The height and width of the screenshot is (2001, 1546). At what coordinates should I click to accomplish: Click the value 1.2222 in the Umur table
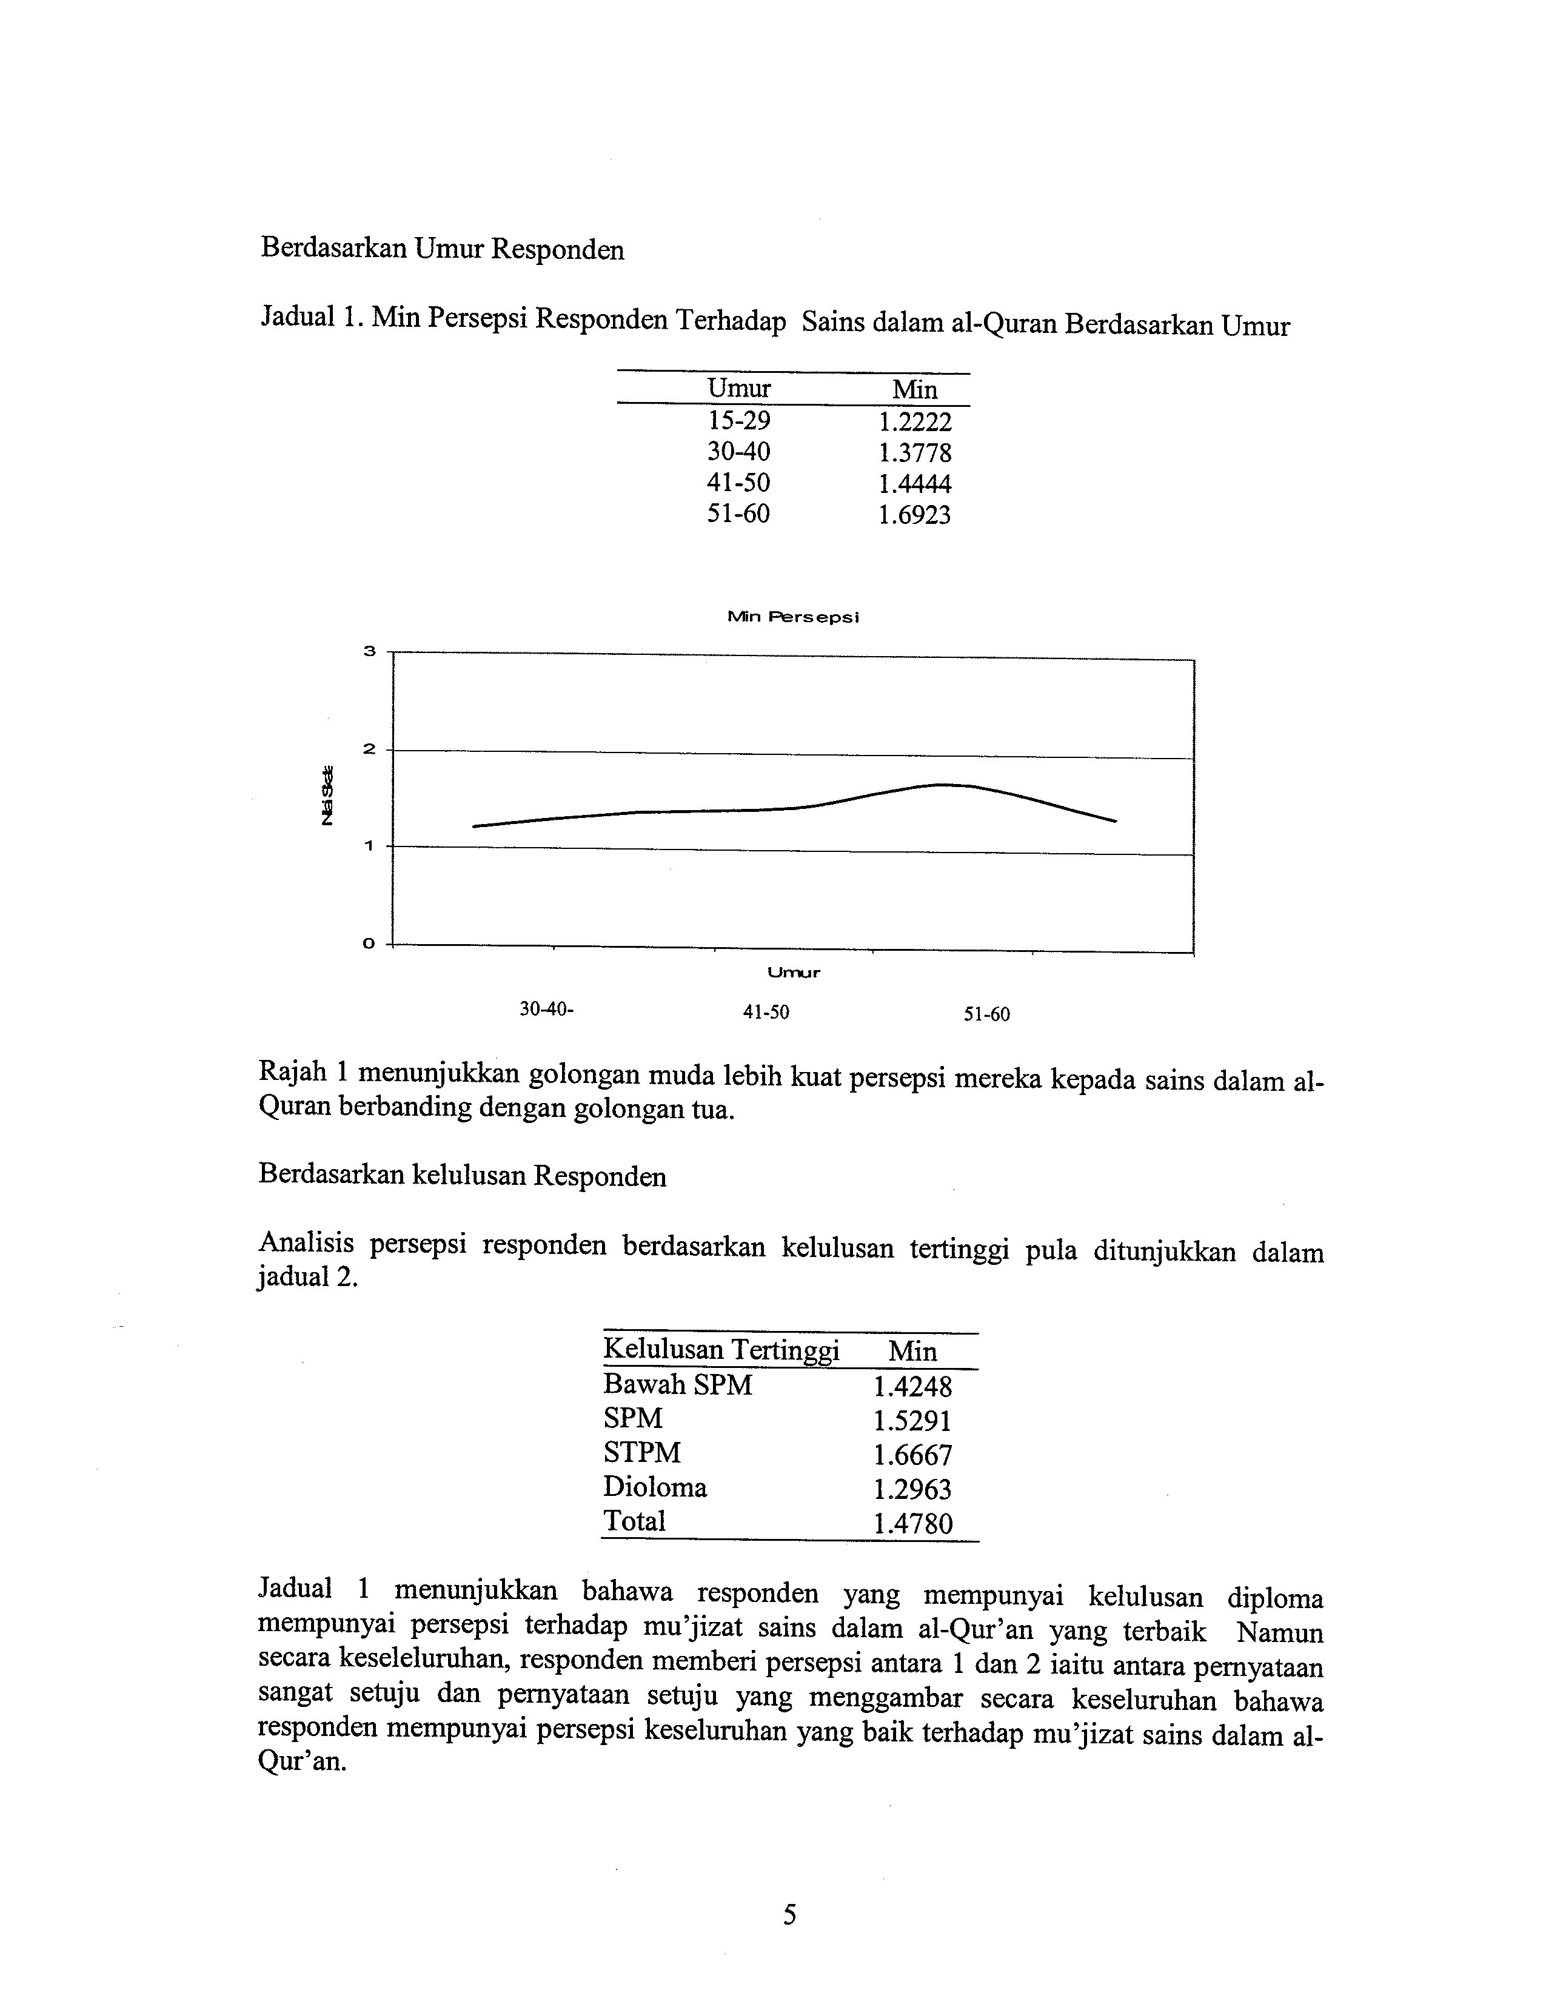point(915,423)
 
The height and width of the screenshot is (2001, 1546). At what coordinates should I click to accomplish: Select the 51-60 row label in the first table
point(738,514)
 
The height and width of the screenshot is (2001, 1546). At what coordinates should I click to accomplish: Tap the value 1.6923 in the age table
point(915,515)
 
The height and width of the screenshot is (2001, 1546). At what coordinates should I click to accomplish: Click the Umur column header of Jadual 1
point(738,389)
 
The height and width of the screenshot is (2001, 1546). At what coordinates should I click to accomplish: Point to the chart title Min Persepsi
point(793,617)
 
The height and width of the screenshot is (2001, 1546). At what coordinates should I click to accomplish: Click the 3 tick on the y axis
point(369,651)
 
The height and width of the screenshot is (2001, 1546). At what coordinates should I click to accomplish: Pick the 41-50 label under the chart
point(766,1013)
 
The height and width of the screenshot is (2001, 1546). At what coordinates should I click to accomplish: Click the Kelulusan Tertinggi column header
point(721,1350)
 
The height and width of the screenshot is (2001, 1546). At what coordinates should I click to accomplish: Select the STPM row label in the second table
point(642,1452)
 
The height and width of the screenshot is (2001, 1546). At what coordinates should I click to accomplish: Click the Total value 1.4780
point(913,1524)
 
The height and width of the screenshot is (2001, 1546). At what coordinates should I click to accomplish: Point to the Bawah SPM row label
point(678,1384)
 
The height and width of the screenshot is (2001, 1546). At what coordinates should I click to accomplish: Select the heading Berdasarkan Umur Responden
point(443,249)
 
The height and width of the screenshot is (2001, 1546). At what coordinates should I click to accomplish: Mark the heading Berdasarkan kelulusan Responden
point(463,1176)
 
